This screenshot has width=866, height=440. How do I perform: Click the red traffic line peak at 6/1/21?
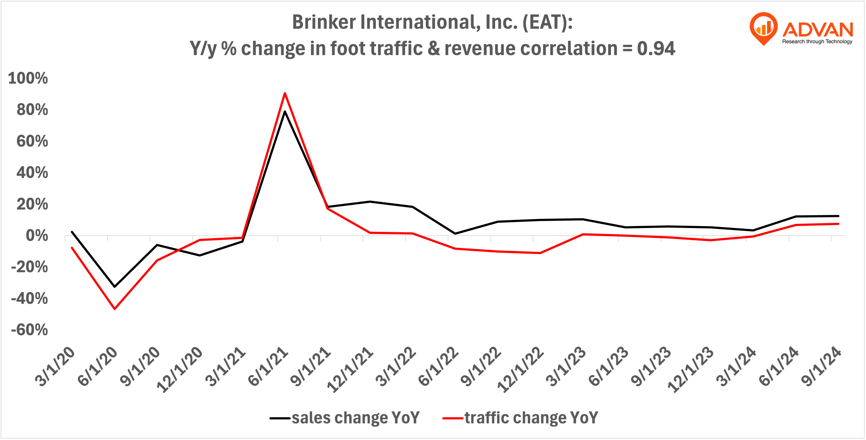[285, 93]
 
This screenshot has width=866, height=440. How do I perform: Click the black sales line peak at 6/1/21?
[285, 112]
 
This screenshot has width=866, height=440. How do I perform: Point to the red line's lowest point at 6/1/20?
[115, 309]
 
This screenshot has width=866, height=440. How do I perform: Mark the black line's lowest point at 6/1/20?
[115, 286]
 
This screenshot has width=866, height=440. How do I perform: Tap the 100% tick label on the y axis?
[28, 78]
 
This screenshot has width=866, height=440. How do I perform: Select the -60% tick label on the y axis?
[30, 330]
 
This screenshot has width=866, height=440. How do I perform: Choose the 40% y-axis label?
[32, 173]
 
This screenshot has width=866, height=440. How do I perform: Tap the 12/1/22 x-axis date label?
[521, 370]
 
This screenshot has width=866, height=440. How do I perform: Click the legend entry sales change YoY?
[355, 418]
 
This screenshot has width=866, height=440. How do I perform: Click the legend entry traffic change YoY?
[531, 418]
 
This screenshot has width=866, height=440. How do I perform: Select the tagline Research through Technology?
[817, 42]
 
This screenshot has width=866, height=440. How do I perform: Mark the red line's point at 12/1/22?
[540, 253]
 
